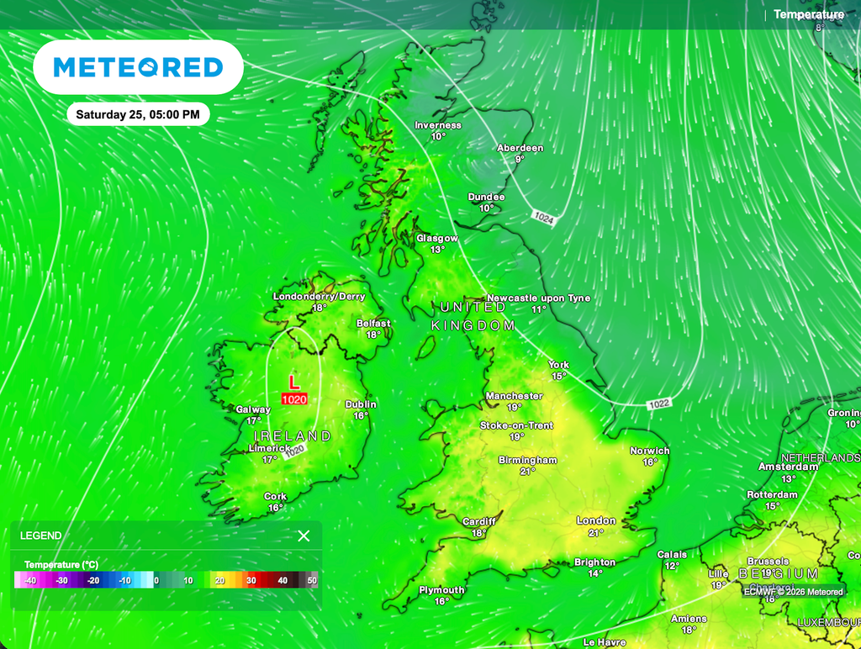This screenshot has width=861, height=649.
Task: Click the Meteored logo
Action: pyautogui.click(x=138, y=67)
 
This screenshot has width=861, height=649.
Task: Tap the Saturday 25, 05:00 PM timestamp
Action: pyautogui.click(x=138, y=114)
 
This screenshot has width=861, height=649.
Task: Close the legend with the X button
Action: pyautogui.click(x=304, y=536)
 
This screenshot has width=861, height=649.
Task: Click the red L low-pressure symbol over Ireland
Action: pyautogui.click(x=293, y=383)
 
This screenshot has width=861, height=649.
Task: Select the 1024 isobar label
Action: pyautogui.click(x=543, y=218)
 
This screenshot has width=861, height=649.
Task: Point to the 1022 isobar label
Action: pyautogui.click(x=659, y=404)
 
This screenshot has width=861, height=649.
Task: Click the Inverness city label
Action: pyautogui.click(x=438, y=125)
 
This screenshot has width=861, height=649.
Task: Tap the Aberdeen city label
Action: pyautogui.click(x=520, y=148)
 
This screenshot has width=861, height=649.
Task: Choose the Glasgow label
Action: pyautogui.click(x=437, y=239)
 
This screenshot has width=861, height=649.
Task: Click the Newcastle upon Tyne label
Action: pyautogui.click(x=538, y=298)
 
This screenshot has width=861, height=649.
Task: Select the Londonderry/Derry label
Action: pyautogui.click(x=319, y=297)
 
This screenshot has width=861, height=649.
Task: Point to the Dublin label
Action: pyautogui.click(x=361, y=404)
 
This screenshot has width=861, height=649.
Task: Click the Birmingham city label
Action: pyautogui.click(x=527, y=460)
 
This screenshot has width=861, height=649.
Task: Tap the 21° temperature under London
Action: pyautogui.click(x=596, y=532)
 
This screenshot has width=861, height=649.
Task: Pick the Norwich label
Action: pyautogui.click(x=650, y=451)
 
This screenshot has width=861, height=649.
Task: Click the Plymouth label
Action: pyautogui.click(x=441, y=590)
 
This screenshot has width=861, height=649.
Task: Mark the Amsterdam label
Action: pyautogui.click(x=788, y=467)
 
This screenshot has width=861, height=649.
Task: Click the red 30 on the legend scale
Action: pyautogui.click(x=251, y=580)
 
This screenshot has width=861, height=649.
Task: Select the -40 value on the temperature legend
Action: pyautogui.click(x=30, y=580)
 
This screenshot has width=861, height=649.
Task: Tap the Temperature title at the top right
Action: pyautogui.click(x=808, y=14)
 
